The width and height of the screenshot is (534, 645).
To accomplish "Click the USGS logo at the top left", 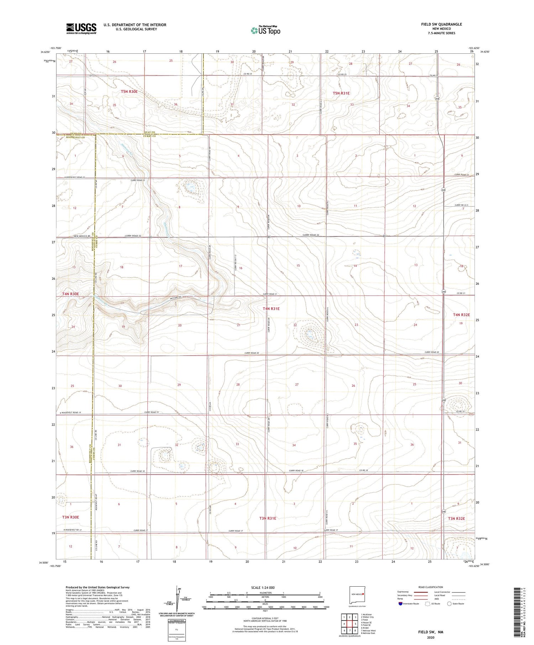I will pos(81,28).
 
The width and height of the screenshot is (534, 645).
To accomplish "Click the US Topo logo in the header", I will pos(266,31).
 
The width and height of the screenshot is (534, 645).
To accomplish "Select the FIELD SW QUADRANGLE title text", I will pos(441,24).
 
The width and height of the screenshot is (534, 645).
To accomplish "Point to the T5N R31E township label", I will pos(341,93).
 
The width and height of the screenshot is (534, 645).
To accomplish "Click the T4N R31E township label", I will pos(271,309).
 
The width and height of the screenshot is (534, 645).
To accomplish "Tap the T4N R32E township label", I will pos(461,315).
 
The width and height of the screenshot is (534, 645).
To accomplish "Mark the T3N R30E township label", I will pos(70,517).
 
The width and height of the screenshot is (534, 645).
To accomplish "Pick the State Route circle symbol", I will pos(449,604).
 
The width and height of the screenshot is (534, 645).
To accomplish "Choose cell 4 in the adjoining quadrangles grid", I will pos(344,624).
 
